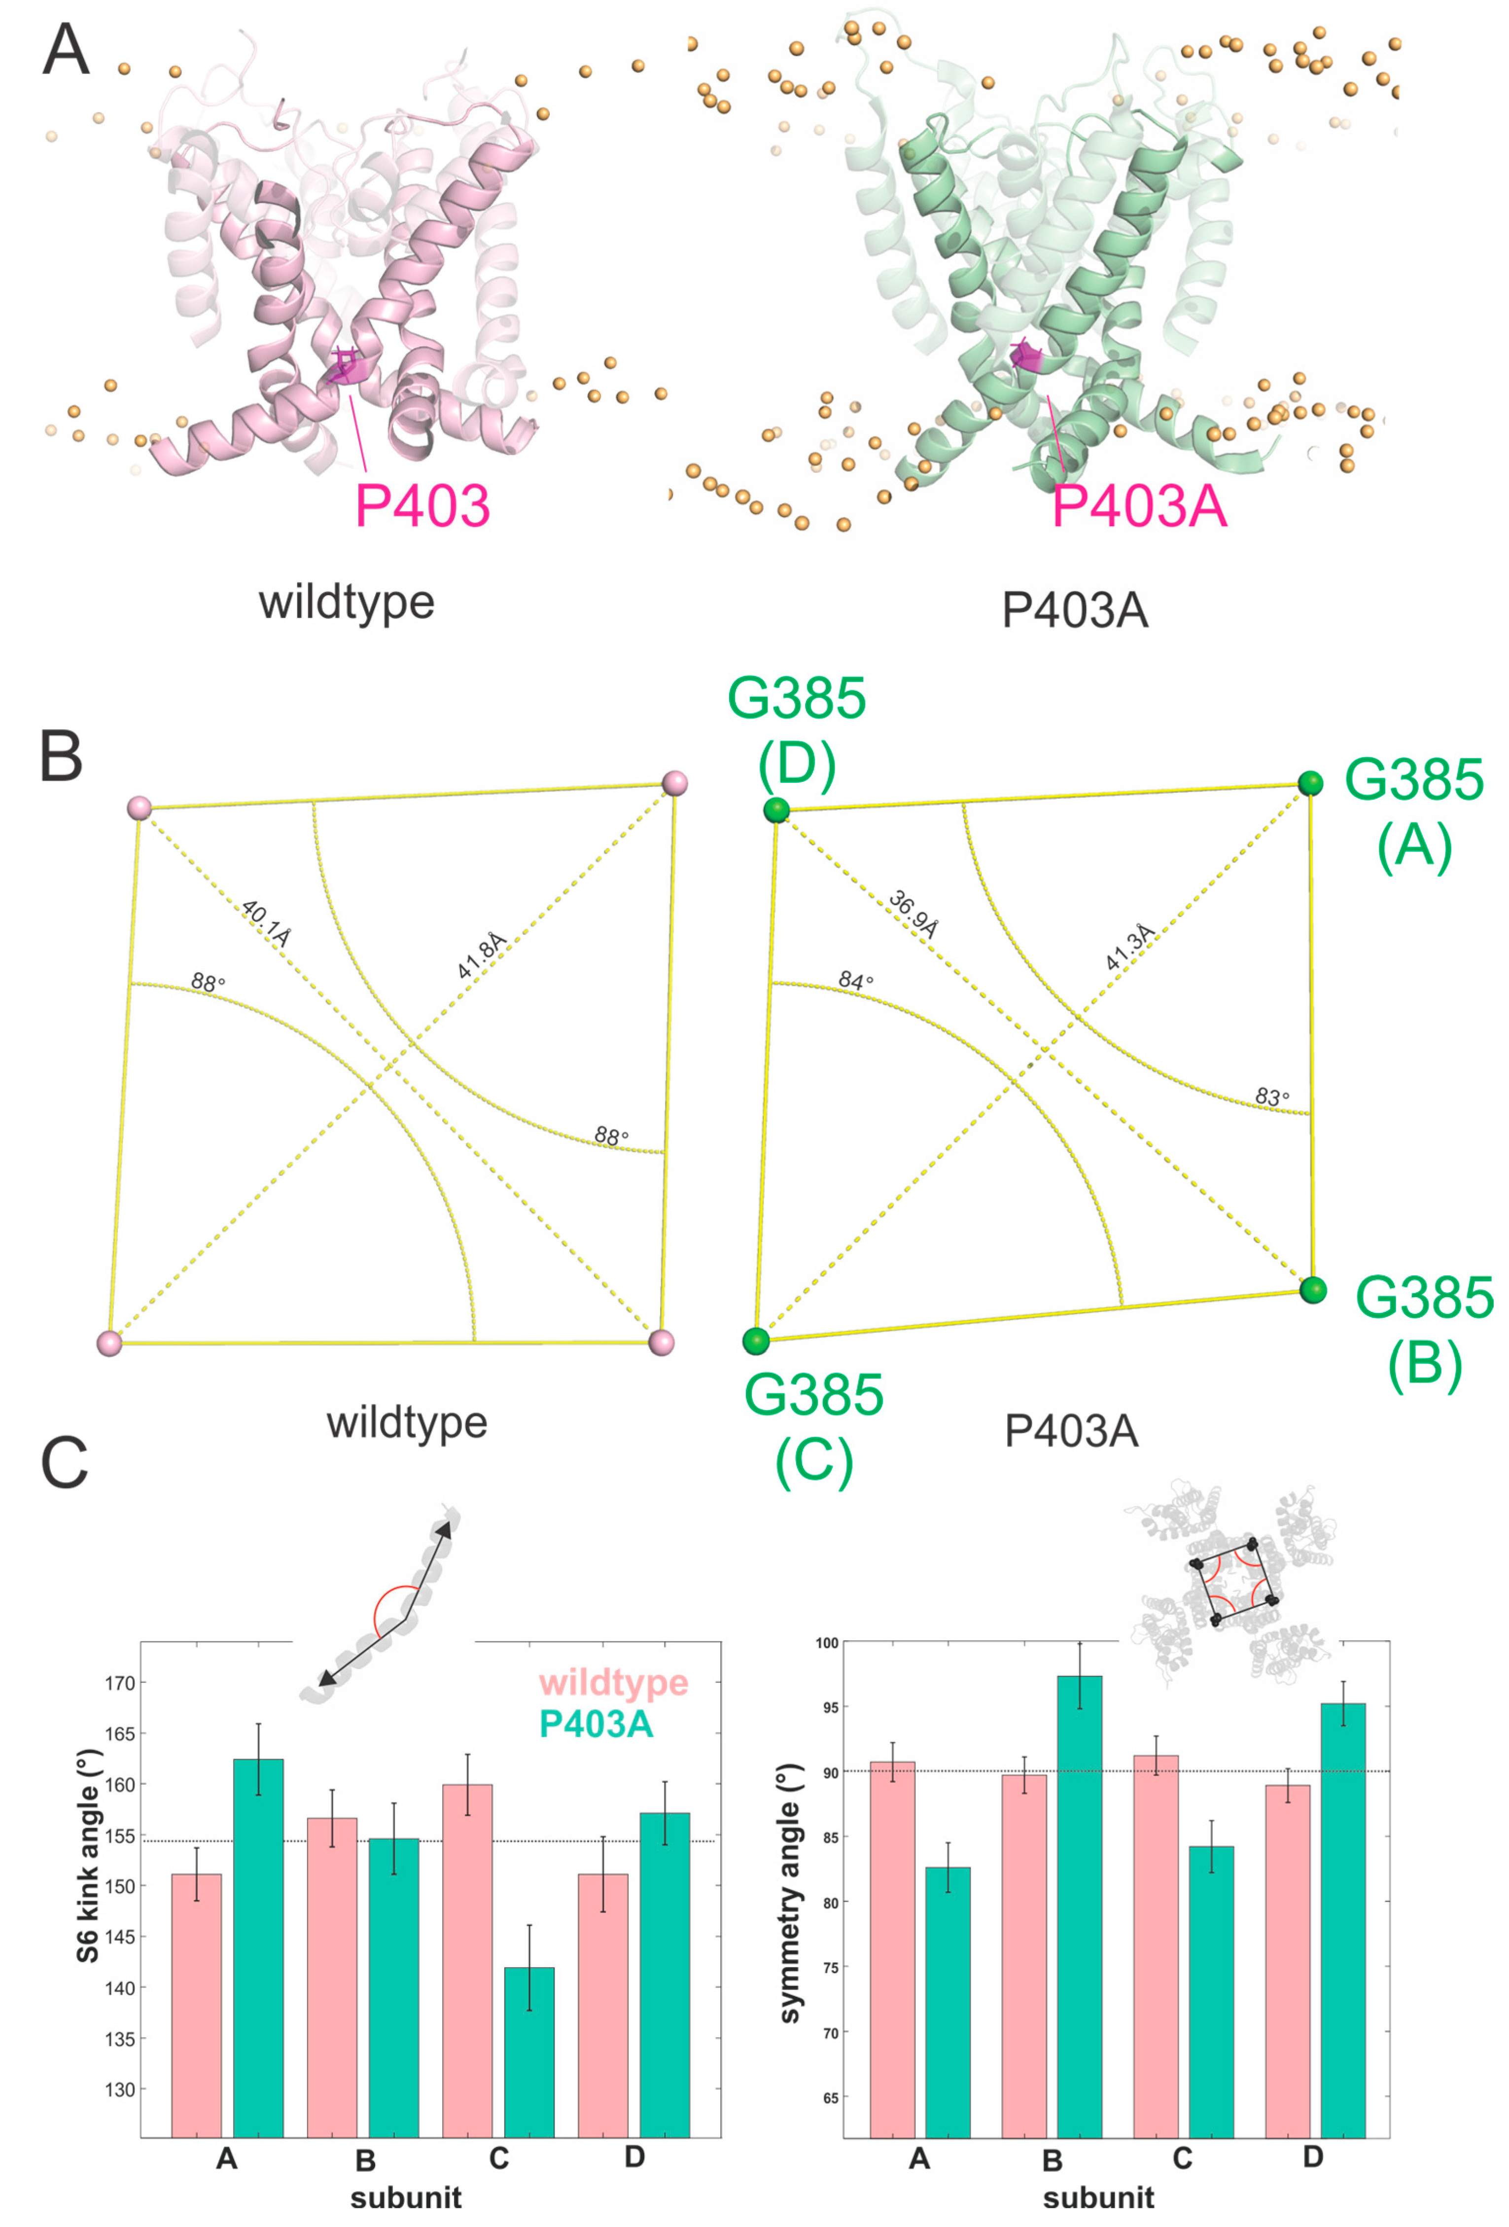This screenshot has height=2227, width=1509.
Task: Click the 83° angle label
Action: point(1271,1096)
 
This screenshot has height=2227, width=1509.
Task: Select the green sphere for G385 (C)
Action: point(756,1341)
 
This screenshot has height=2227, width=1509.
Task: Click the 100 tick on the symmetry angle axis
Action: point(826,1643)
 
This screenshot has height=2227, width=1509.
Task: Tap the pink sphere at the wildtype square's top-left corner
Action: point(140,808)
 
